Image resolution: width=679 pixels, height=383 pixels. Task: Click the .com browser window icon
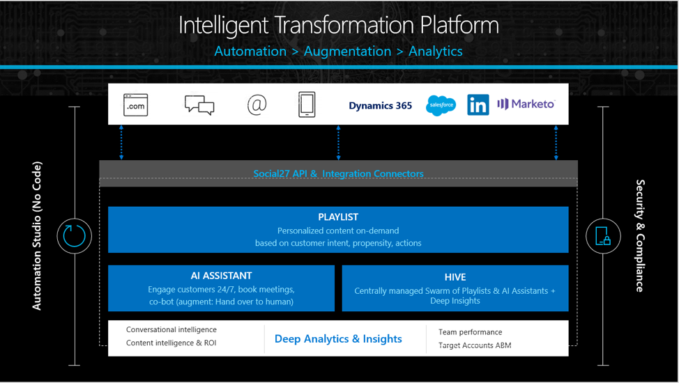pos(135,105)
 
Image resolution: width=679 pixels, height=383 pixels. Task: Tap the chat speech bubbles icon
pos(199,105)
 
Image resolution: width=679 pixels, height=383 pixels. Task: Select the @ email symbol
pos(257,104)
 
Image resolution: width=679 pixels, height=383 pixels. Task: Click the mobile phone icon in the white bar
pos(307,104)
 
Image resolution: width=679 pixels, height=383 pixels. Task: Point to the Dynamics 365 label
pos(380,106)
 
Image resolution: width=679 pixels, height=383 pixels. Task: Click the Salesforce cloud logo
pos(441,106)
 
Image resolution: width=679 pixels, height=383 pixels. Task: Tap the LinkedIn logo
pos(478,105)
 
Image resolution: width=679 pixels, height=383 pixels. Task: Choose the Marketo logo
pos(526,104)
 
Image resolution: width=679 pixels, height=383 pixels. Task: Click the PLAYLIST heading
pos(338,217)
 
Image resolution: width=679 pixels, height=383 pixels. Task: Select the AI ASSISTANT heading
pos(221,276)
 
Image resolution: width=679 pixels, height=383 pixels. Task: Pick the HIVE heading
pos(455,276)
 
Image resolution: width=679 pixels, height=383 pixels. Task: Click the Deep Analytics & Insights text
pos(338,339)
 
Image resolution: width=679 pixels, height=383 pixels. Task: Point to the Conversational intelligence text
pos(171,329)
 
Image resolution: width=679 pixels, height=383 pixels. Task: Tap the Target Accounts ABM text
pos(474,345)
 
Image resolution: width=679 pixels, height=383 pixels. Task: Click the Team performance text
pos(470,332)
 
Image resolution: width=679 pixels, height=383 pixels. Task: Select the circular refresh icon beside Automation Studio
pos(74,236)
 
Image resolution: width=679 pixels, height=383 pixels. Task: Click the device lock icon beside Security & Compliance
pos(603,236)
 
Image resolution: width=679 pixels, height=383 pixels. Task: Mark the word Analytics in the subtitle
pos(436,52)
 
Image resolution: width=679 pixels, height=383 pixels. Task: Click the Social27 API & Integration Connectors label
pos(338,173)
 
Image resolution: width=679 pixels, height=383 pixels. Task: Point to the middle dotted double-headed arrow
pos(338,143)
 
